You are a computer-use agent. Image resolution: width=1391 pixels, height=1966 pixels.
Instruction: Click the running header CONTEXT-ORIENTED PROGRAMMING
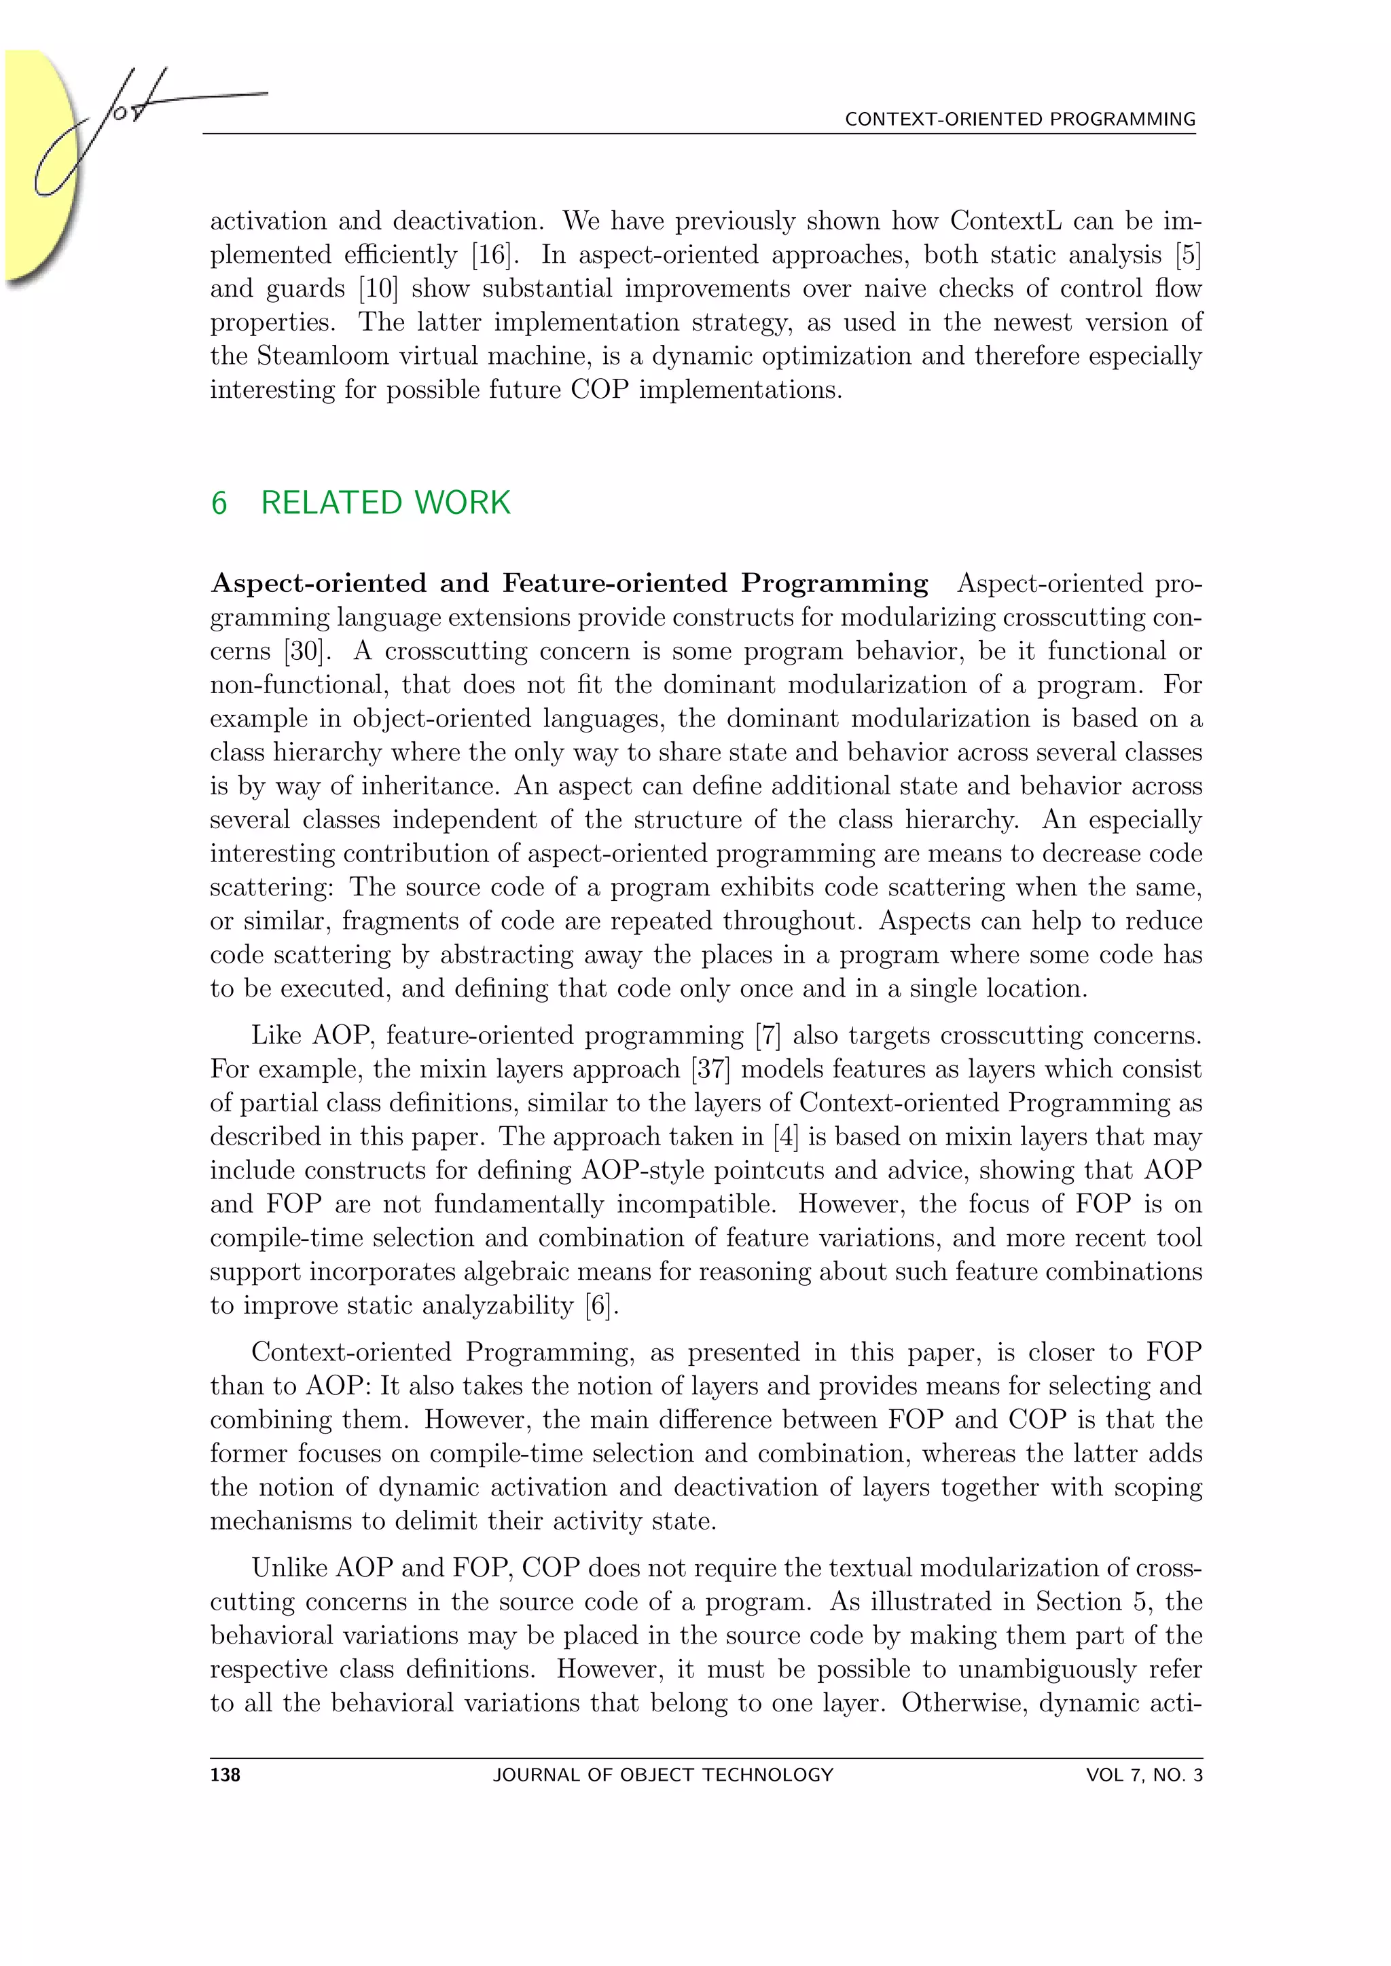coord(1019,119)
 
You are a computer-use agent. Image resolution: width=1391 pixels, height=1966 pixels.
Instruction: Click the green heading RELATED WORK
coord(385,502)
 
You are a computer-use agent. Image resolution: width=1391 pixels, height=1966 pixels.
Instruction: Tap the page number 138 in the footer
coord(225,1775)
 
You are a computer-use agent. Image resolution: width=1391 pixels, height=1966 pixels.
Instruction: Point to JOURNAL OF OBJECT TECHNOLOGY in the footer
coord(663,1775)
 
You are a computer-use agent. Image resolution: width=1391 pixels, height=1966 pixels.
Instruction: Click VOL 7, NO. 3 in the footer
coord(1144,1775)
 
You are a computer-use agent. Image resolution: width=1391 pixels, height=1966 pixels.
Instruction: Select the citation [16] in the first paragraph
coord(492,255)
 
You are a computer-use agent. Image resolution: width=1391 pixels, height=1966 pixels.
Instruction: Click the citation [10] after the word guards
coord(378,289)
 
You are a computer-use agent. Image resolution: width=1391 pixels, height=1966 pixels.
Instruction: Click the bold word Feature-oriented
coord(615,583)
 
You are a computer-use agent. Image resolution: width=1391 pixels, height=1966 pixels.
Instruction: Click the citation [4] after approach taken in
coord(784,1136)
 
